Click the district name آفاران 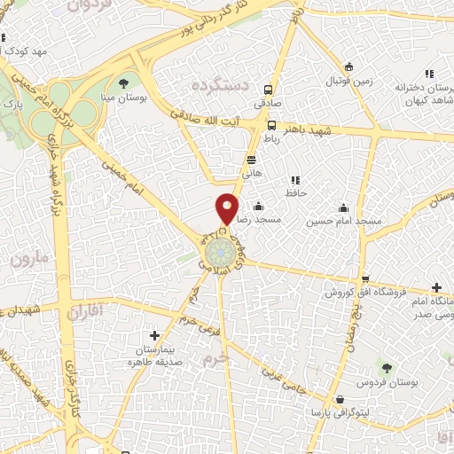85,310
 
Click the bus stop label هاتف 253,175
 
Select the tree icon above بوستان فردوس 386,365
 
